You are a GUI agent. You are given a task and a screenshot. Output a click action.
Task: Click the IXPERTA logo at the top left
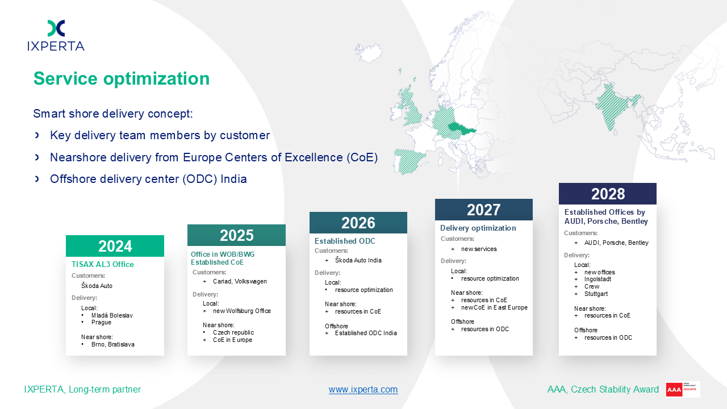[x=56, y=35]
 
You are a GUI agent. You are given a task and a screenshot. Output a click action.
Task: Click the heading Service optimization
[x=122, y=78]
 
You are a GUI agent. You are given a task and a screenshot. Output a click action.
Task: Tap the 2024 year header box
[x=115, y=246]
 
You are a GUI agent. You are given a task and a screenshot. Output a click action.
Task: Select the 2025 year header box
[x=237, y=235]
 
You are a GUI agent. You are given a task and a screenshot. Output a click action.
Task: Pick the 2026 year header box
[x=358, y=223]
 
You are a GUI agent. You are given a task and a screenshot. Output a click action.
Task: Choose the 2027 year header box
[x=483, y=210]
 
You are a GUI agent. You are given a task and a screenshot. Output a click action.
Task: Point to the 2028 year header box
[x=608, y=194]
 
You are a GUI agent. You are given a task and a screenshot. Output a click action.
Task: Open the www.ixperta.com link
[x=363, y=389]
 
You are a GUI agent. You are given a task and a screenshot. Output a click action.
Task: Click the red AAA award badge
[x=682, y=390]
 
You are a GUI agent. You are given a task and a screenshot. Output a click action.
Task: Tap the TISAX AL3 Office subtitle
[x=103, y=264]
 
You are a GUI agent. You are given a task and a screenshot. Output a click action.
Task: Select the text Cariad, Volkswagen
[x=240, y=281]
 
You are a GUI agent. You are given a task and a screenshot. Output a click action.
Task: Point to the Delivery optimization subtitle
[x=478, y=228]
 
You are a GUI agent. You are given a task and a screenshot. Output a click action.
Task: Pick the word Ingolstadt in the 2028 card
[x=598, y=279]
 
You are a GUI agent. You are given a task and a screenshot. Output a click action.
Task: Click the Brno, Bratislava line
[x=113, y=344]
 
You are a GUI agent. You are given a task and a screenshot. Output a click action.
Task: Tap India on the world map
[x=615, y=106]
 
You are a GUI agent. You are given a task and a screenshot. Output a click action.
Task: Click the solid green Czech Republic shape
[x=460, y=129]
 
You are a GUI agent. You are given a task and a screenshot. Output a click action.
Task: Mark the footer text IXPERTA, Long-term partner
[x=82, y=389]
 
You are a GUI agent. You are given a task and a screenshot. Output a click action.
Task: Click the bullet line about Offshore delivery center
[x=148, y=179]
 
